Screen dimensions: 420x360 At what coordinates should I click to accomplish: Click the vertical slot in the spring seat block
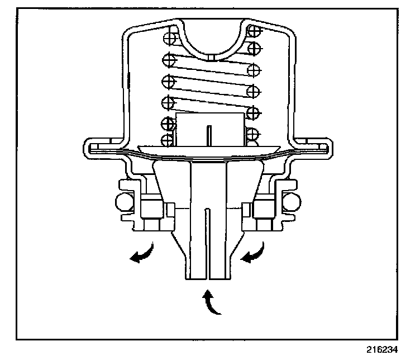[208, 135]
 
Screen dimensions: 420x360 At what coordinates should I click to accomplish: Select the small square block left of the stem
[170, 210]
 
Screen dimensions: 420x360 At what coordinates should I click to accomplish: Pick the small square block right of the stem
[246, 210]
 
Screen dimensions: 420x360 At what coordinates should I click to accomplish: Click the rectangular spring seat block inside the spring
[210, 128]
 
